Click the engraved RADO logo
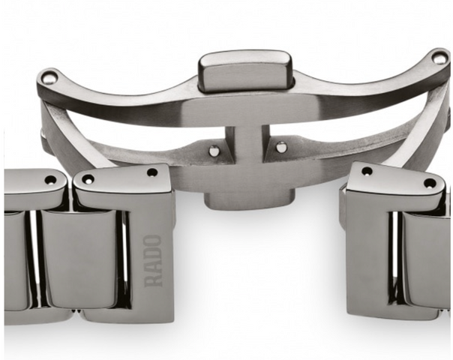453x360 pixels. click(x=152, y=260)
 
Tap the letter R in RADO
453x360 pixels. click(x=152, y=279)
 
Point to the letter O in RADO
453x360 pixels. click(x=152, y=241)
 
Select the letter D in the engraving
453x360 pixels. click(x=152, y=253)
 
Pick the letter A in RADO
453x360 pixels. click(x=152, y=266)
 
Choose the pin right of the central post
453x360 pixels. click(x=280, y=147)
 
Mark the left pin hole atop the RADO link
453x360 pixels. click(x=88, y=179)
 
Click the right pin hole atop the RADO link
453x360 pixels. click(x=152, y=172)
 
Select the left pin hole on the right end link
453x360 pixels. click(x=367, y=171)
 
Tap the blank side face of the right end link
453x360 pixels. click(x=368, y=255)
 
